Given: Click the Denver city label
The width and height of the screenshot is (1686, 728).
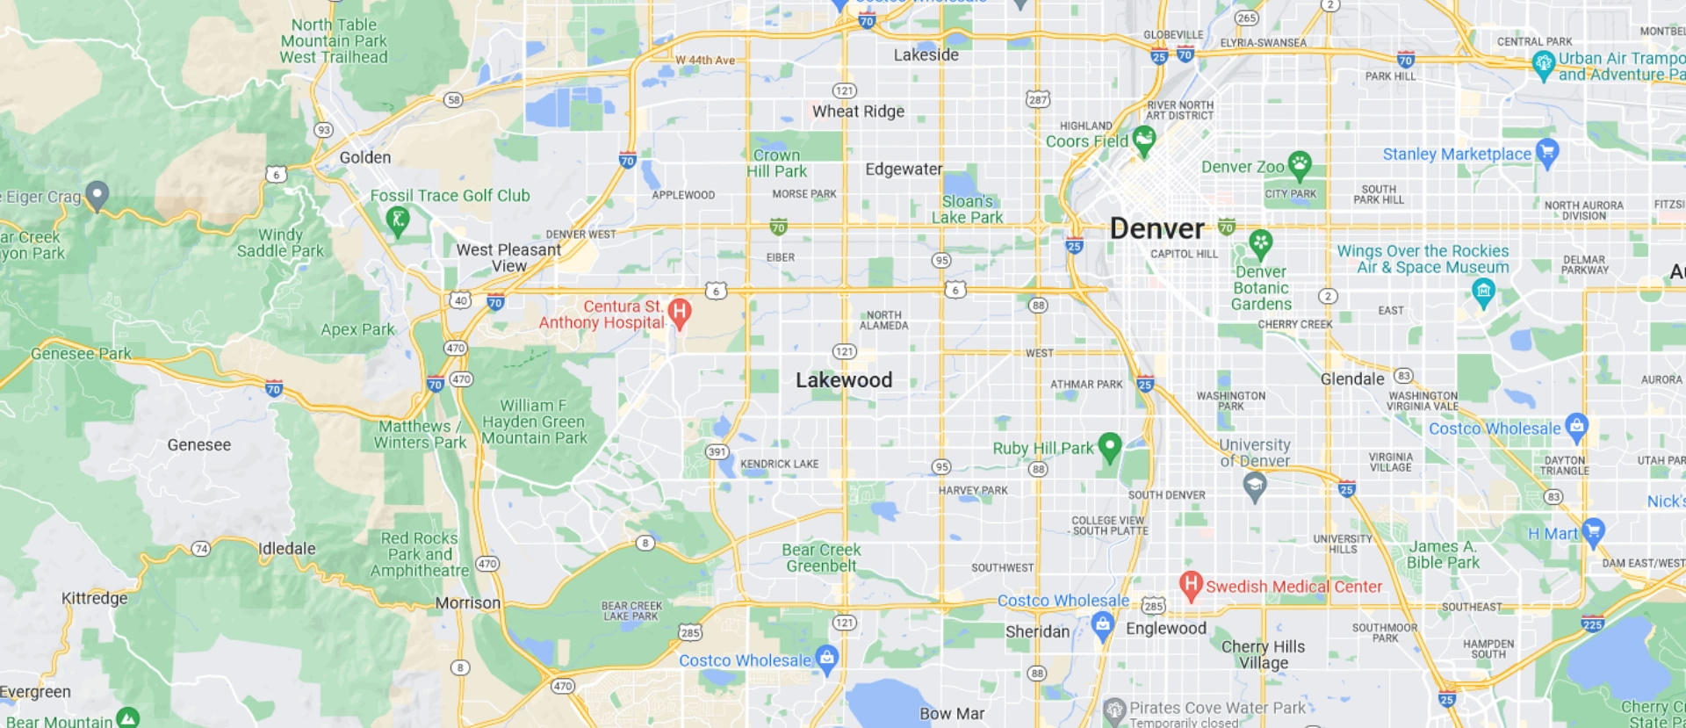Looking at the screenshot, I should coord(1156,229).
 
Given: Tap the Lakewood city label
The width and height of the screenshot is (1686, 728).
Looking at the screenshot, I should coord(843,380).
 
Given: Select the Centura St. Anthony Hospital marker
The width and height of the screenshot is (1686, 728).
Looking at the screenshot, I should coord(679,312).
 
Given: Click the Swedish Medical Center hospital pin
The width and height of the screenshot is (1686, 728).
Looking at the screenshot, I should coord(1190,584).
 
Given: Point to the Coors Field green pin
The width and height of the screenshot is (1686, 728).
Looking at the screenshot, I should coord(1143,139).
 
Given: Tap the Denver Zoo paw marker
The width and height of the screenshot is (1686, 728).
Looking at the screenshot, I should coord(1299,163).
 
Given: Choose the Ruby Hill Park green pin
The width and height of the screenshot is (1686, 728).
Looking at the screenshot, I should coord(1110,445).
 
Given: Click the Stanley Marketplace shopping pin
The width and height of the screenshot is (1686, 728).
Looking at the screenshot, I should coord(1547,152).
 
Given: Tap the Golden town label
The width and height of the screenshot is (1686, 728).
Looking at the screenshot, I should coord(365,158).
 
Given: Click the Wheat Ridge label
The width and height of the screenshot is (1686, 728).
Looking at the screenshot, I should coord(858,112).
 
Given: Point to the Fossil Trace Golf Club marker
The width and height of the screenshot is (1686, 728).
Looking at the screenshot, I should coord(398,220).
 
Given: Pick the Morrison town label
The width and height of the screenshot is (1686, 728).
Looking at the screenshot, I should coord(468,603).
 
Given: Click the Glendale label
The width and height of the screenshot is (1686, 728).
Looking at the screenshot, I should coord(1352,379).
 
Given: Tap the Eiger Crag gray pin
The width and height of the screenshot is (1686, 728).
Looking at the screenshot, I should coord(97,194).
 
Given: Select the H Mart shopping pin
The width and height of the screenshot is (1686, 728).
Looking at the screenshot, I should coord(1593,531).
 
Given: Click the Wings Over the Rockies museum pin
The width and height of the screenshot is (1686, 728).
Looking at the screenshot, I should coord(1483,292).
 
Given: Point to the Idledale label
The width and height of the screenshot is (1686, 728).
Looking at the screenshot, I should coord(286,549).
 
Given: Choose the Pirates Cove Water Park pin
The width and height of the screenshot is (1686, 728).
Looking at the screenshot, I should coord(1114,710).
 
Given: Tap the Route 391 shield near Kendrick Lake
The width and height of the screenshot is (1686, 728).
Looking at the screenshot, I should coord(717,452).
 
